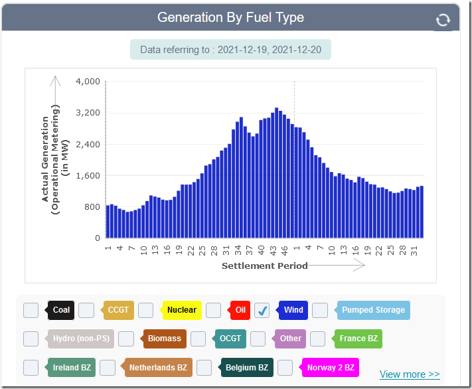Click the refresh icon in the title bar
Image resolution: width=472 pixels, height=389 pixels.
[443, 21]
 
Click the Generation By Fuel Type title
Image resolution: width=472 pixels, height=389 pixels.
[230, 18]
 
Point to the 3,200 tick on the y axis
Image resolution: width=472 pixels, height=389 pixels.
[88, 113]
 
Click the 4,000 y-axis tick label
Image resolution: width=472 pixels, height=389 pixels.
[88, 82]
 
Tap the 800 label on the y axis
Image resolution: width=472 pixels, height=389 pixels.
[92, 207]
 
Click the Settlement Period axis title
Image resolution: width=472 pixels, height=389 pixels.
[264, 266]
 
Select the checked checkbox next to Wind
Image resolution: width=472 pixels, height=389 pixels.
[262, 310]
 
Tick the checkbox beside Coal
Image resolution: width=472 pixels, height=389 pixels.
[31, 310]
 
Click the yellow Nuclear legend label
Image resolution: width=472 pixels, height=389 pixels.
[181, 310]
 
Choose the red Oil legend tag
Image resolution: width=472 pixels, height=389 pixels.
[240, 310]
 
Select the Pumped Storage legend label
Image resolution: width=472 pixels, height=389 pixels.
[372, 310]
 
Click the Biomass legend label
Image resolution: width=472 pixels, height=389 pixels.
[164, 339]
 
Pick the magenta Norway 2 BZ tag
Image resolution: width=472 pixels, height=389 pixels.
[329, 367]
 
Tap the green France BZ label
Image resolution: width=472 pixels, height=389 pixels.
[358, 339]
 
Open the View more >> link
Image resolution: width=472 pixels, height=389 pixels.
[410, 374]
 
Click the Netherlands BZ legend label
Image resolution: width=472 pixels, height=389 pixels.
[157, 367]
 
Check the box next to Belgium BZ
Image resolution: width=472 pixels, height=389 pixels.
[204, 367]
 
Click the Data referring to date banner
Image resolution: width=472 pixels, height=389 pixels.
[230, 50]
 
